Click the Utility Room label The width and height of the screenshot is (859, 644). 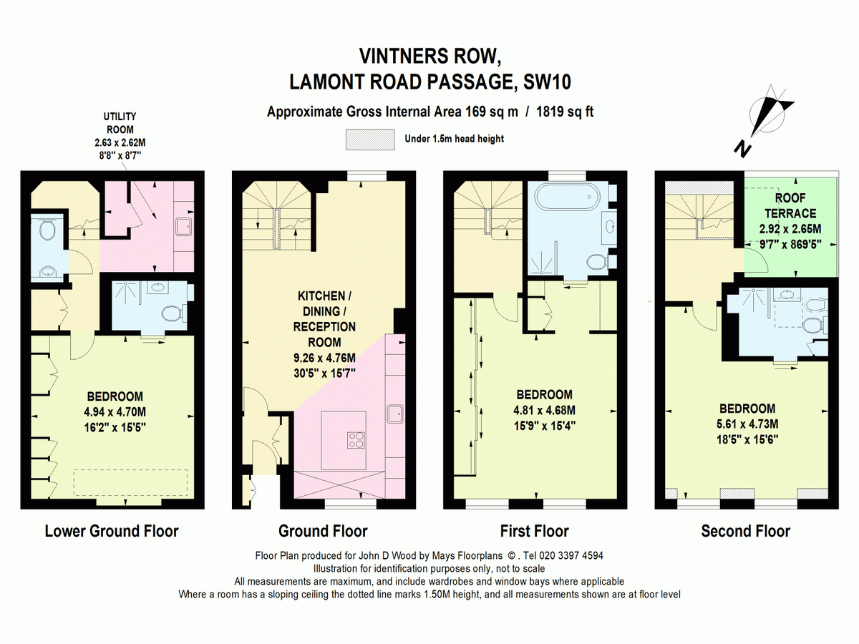click(120, 123)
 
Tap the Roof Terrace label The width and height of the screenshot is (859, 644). click(790, 205)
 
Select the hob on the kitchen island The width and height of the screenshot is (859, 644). click(356, 440)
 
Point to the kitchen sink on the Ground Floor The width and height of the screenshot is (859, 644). click(395, 414)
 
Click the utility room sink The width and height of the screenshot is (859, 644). click(183, 227)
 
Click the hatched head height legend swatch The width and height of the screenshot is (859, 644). click(370, 140)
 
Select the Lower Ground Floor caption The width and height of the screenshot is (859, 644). click(112, 531)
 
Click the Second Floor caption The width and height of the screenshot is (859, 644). click(745, 531)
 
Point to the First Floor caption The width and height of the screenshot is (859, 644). click(534, 531)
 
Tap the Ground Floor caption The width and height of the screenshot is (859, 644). click(323, 531)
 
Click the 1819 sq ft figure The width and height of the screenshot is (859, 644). click(565, 112)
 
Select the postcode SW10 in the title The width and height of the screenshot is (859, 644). click(547, 82)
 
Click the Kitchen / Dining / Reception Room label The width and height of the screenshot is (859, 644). click(324, 319)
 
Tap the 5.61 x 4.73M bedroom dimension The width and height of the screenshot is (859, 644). click(747, 424)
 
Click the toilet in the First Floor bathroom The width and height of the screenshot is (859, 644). click(598, 262)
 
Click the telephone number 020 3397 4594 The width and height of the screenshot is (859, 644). click(571, 555)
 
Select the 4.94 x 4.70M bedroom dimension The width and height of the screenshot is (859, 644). click(115, 411)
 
